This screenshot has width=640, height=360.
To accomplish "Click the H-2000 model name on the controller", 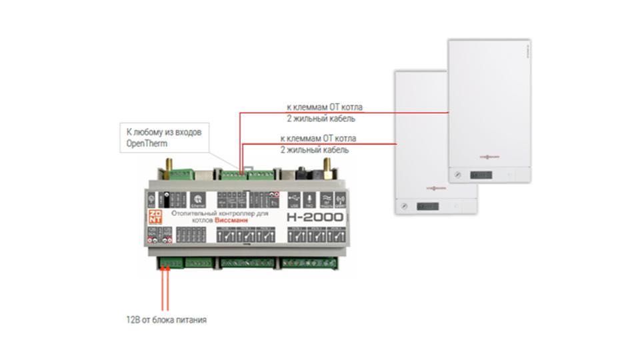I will pos(315,217).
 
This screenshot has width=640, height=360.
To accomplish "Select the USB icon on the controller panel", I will pos(294,198).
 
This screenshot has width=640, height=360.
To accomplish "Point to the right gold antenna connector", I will pos(327,163).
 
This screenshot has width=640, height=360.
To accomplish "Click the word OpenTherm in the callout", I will pos(145,143).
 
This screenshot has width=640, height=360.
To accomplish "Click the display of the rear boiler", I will pos(480,175).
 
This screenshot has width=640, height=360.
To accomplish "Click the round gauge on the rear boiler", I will pos(457,175).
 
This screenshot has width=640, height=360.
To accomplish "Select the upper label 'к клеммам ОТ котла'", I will pos(325,107).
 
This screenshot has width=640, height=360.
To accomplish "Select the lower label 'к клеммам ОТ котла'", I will pos(318,139).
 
